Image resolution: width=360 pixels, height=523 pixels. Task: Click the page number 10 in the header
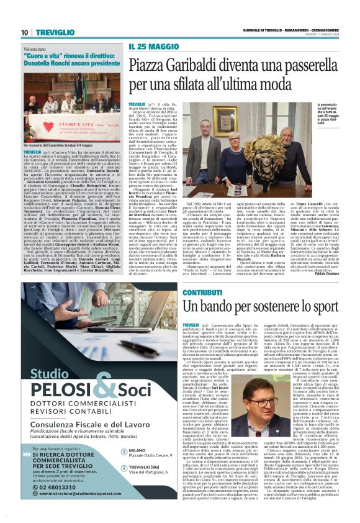point(24,32)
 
